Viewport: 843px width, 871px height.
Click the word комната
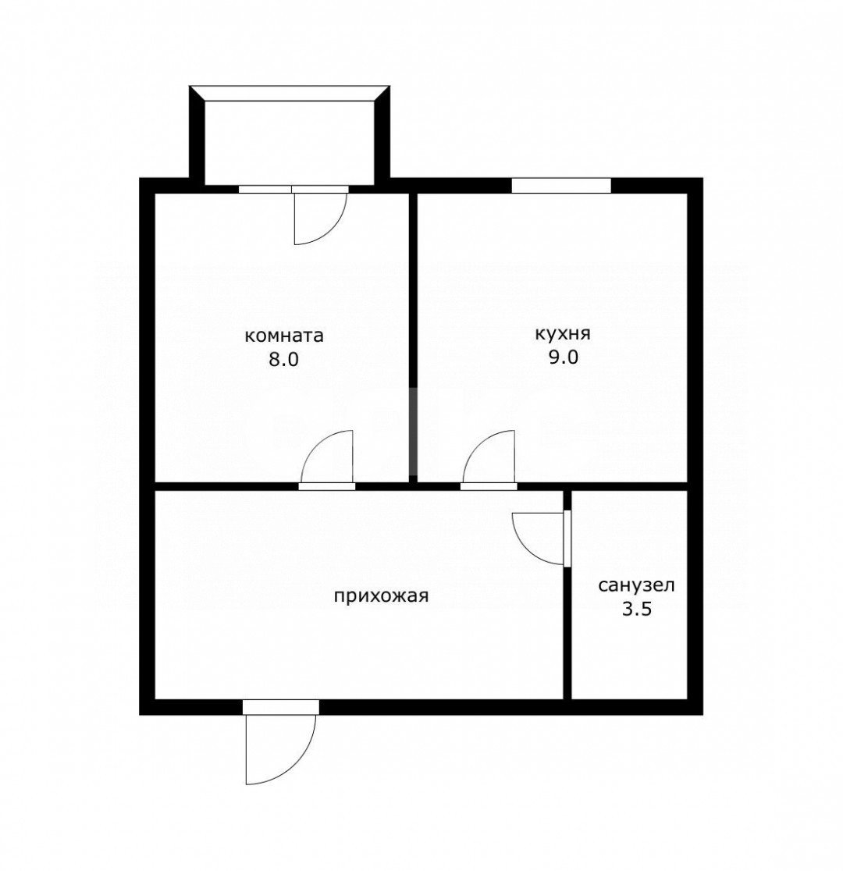284,336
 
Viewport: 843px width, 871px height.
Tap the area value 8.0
284,360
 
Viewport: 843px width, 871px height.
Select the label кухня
562,334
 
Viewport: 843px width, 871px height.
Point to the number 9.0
564,357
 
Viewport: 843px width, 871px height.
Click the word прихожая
381,596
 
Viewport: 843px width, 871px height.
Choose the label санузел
636,585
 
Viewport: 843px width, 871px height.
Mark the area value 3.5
636,610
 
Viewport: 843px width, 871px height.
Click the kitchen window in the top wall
561,186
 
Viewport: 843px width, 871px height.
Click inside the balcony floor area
290,142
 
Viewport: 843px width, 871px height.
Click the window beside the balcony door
265,189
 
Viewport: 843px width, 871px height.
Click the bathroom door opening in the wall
567,539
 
